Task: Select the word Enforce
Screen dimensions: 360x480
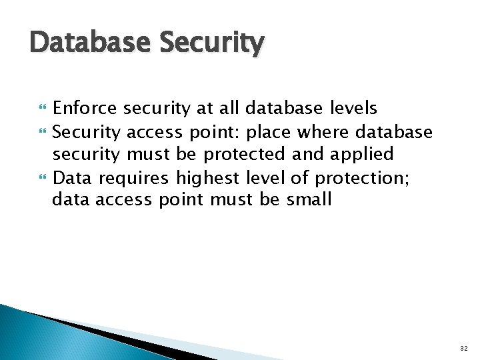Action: click(85, 108)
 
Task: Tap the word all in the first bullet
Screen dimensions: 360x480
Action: click(230, 108)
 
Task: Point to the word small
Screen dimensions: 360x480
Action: click(309, 199)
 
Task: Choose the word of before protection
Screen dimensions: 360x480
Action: click(303, 177)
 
